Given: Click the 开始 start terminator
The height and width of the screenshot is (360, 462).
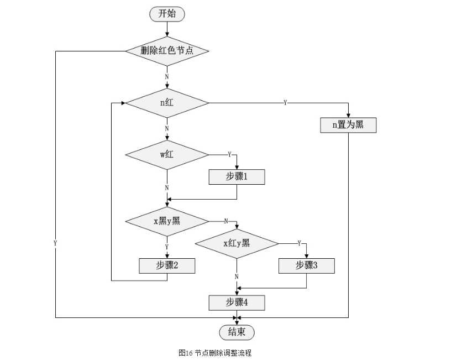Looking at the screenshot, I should tap(167, 14).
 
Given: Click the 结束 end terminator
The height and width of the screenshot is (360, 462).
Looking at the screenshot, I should tap(237, 332).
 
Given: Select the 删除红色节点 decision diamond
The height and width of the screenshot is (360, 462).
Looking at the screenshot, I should tap(167, 51).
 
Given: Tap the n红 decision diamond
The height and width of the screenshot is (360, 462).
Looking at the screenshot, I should tap(167, 103).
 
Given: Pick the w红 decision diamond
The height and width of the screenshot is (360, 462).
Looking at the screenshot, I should tap(167, 154).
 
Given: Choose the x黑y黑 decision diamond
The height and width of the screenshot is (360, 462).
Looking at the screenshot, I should tap(167, 221).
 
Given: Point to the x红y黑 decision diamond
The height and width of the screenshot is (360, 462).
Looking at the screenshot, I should tap(237, 243).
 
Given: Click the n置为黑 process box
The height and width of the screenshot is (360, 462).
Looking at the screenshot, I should tap(348, 126).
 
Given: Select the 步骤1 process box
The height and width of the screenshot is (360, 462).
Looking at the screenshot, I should tap(237, 177).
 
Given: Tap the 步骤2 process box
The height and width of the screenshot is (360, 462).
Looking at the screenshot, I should tap(167, 265).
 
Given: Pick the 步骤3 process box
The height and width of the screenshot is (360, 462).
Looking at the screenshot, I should tap(307, 265).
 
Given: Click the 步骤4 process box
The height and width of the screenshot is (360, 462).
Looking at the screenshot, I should tap(237, 302).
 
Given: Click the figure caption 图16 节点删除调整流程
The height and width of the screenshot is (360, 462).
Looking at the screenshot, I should tap(215, 352).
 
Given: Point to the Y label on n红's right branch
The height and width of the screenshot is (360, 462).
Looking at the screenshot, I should tap(285, 103).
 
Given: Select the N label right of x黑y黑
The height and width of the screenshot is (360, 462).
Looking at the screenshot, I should tap(225, 221).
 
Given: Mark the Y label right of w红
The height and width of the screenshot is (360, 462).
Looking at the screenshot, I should tap(229, 154).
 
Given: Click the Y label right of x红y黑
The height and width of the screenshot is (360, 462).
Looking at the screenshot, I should tap(299, 243).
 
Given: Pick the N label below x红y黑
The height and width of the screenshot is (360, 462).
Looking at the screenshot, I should tap(237, 276).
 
